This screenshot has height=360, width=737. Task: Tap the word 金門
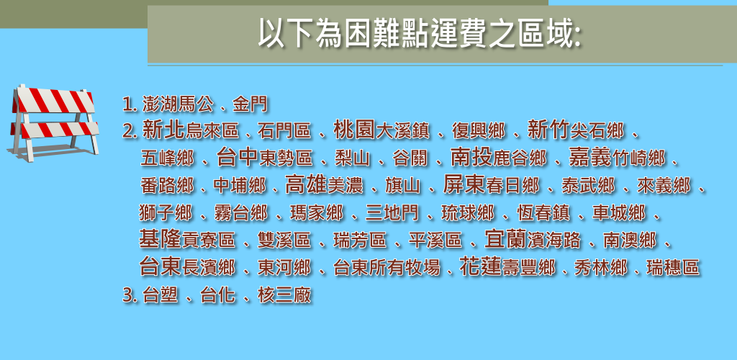(x=250, y=104)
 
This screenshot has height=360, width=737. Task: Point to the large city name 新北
(x=164, y=130)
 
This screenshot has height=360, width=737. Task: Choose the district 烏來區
(x=212, y=131)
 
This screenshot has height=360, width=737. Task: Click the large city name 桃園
(x=354, y=130)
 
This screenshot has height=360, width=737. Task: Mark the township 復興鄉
(x=479, y=131)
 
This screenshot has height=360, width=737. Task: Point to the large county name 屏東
(x=464, y=185)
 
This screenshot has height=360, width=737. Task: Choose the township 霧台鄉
(x=240, y=213)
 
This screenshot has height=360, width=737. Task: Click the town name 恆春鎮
(x=543, y=213)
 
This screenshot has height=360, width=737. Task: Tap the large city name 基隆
(x=160, y=239)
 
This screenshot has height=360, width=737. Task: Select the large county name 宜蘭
(x=506, y=239)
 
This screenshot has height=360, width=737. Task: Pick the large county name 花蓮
(x=480, y=266)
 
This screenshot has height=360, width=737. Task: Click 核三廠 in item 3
(x=284, y=296)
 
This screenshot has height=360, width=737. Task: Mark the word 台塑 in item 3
(x=160, y=296)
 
